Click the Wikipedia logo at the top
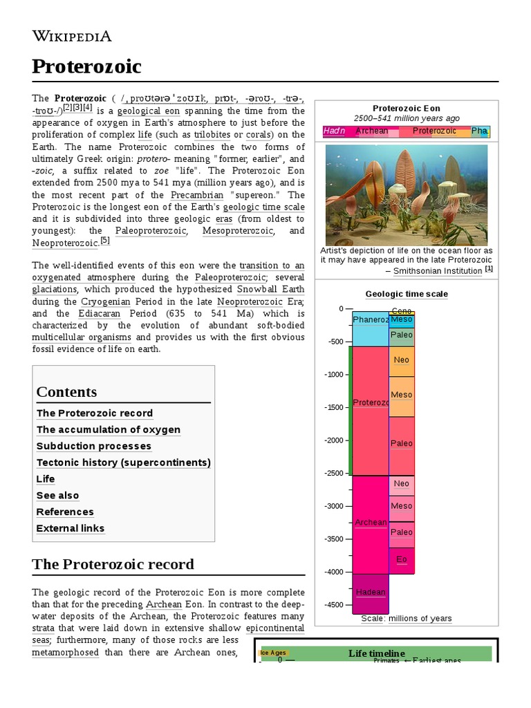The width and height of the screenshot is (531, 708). [x=72, y=36]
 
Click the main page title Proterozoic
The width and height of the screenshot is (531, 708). [x=86, y=66]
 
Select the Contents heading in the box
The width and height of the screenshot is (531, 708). [x=66, y=392]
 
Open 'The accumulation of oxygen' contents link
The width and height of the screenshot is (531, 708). [x=109, y=429]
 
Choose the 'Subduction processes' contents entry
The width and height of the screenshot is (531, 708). [x=94, y=446]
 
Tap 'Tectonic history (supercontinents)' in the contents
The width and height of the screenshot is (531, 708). [x=124, y=463]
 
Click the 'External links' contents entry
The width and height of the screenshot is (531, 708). [x=71, y=528]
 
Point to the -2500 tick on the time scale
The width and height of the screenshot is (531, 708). [x=335, y=473]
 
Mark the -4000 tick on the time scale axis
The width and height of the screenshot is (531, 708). [x=335, y=572]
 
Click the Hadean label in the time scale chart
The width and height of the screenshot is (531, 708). [x=371, y=593]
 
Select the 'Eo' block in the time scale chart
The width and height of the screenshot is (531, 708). [x=402, y=559]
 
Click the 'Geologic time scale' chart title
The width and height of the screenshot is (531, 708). [x=407, y=294]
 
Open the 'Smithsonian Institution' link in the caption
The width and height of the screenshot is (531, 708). [x=438, y=271]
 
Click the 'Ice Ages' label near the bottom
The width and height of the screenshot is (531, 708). [x=272, y=653]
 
